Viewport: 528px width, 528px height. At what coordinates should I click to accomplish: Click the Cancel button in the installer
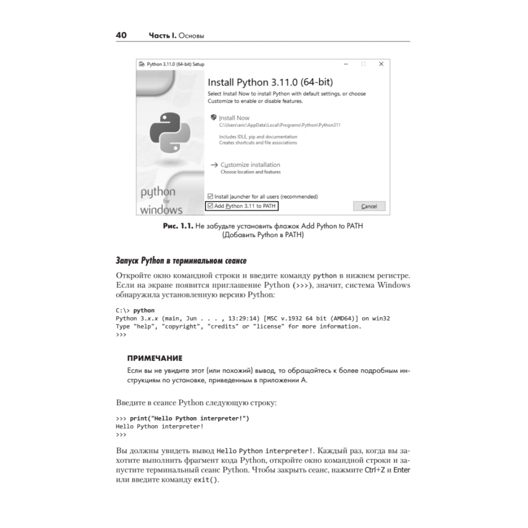coord(369,206)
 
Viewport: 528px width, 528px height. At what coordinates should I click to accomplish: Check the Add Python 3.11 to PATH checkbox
coord(211,206)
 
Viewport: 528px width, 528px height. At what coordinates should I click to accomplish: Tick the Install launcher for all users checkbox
coord(211,196)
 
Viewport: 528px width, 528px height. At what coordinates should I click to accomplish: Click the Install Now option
coord(234,118)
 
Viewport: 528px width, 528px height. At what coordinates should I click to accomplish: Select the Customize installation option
coord(250,165)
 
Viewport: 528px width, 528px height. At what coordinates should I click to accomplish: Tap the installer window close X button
coord(381,64)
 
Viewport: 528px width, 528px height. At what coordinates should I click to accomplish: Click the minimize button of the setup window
coord(346,64)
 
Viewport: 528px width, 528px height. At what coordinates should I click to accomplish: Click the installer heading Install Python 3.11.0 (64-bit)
coord(270,83)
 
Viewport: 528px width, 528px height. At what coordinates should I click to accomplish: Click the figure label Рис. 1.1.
coord(179,226)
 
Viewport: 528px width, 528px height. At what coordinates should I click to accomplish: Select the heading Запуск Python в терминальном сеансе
coord(181,261)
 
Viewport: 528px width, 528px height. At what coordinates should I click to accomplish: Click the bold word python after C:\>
coord(144,310)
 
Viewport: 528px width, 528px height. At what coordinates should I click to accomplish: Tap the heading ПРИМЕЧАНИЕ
coord(155,358)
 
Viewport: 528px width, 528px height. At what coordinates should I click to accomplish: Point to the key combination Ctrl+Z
coord(371,470)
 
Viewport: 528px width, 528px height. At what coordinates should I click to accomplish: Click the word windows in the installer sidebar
coord(161,210)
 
